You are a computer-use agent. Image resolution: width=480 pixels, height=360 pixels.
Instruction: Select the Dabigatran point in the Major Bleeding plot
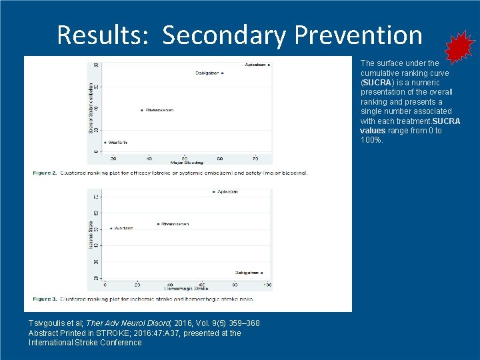pos(223,73)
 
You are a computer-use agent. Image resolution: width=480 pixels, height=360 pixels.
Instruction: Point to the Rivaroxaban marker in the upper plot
pos(142,110)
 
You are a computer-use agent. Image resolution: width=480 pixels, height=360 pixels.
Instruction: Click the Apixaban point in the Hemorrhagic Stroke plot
pos(213,192)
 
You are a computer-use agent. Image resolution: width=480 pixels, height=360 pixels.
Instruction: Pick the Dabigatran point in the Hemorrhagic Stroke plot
pos(262,273)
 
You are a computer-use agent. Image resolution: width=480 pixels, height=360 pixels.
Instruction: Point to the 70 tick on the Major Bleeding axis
pos(256,159)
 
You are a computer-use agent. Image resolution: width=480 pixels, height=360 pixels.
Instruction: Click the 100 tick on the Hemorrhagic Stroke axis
pos(267,285)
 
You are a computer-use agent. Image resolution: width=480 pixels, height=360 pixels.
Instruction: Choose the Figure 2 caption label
pos(45,173)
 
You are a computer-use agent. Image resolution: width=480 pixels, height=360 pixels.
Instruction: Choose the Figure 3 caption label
pos(45,299)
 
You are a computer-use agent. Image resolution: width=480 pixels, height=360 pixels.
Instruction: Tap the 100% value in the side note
pos(371,140)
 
